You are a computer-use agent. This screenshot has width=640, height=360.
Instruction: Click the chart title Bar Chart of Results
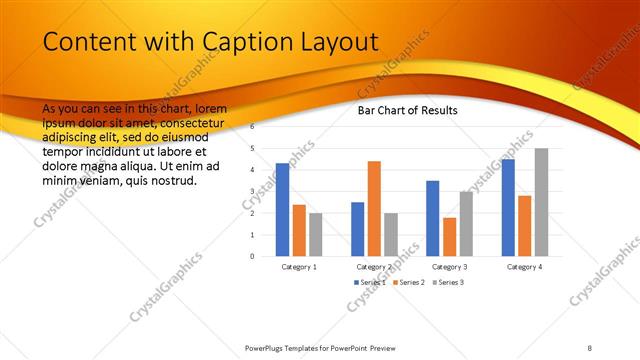click(x=407, y=110)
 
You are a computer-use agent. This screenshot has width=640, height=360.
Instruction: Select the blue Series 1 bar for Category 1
click(x=282, y=209)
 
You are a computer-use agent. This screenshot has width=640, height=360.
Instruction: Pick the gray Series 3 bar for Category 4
click(x=541, y=202)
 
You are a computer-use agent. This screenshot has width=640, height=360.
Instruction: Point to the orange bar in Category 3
click(x=449, y=236)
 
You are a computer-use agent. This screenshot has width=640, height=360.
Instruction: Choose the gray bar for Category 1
click(x=316, y=234)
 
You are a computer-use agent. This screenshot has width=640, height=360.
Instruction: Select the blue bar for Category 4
click(x=507, y=207)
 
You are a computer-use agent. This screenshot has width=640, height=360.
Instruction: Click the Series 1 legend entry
click(x=370, y=282)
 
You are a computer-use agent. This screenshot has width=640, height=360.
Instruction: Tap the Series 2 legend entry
click(x=408, y=282)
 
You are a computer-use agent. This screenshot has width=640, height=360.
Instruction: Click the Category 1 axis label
click(x=299, y=267)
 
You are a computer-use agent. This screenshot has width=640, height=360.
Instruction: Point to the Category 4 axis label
click(x=524, y=267)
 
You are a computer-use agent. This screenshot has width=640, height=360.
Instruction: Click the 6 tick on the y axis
click(x=253, y=127)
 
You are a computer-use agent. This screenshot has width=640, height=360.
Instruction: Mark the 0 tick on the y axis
click(x=253, y=256)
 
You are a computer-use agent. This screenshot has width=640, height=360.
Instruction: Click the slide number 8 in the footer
click(x=589, y=347)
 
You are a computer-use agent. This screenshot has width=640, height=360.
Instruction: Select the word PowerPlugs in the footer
click(x=268, y=347)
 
